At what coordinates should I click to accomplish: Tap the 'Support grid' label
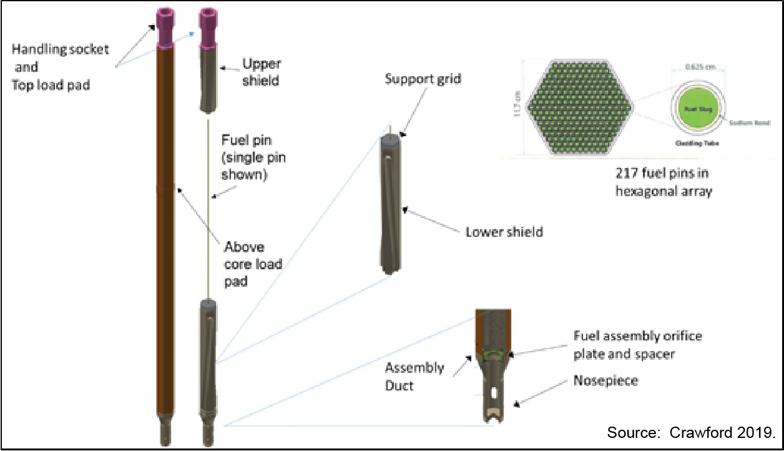click(423, 80)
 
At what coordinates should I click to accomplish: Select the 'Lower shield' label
click(504, 232)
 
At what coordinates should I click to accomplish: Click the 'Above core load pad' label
click(253, 264)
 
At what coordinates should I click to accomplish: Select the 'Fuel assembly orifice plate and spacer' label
click(637, 345)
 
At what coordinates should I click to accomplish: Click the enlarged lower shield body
click(392, 206)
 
